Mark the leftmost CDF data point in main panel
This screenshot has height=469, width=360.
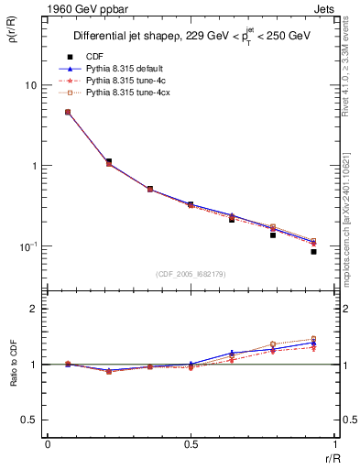tap(68, 112)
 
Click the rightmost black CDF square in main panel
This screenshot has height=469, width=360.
tap(313, 251)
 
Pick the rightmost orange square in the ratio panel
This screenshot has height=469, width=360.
tap(313, 339)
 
